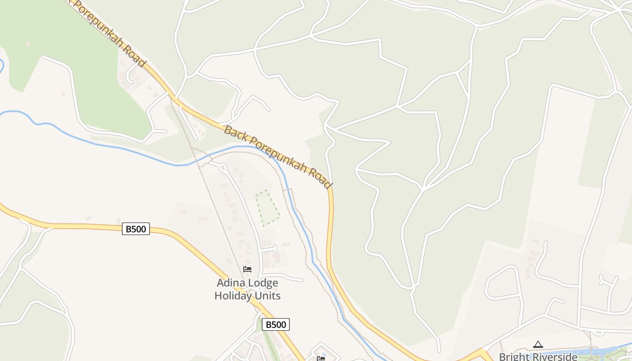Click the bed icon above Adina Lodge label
[x=247, y=269]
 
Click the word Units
[x=267, y=296]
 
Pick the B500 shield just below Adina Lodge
[x=275, y=324]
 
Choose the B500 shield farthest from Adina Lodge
[x=135, y=229]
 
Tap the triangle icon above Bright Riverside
[x=538, y=345]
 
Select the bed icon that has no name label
[x=321, y=358]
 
